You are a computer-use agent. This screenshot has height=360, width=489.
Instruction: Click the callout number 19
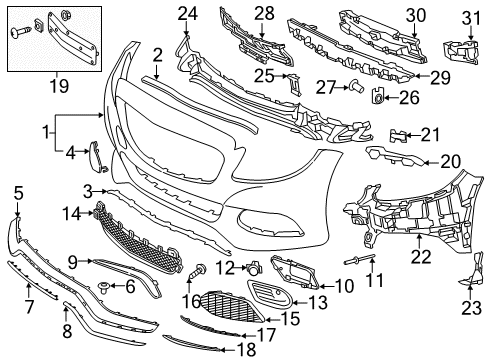click(x=59, y=86)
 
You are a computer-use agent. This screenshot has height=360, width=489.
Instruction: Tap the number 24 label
click(x=187, y=14)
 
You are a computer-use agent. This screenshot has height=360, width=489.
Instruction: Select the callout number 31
click(x=471, y=18)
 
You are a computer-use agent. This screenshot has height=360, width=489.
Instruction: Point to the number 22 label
click(x=421, y=257)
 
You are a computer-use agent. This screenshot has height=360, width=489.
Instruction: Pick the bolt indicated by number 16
click(x=197, y=271)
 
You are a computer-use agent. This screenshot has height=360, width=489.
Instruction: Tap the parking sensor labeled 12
click(x=255, y=268)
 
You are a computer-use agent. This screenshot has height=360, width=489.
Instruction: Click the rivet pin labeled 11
click(x=360, y=258)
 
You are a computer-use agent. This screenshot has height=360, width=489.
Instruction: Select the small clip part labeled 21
click(x=398, y=136)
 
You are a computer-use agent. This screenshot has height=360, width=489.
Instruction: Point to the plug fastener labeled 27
click(x=357, y=87)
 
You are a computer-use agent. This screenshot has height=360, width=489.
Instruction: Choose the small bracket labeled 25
click(x=295, y=84)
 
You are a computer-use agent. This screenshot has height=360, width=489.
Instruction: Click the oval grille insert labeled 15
click(x=233, y=307)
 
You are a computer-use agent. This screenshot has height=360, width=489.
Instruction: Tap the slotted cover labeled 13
click(x=270, y=295)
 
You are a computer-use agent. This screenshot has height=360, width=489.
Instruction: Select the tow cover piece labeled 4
click(x=97, y=157)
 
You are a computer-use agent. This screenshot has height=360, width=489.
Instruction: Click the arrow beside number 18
click(x=227, y=350)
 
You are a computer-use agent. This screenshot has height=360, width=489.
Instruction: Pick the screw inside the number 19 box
click(x=21, y=32)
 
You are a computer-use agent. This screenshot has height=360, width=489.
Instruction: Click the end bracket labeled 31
click(x=462, y=52)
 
